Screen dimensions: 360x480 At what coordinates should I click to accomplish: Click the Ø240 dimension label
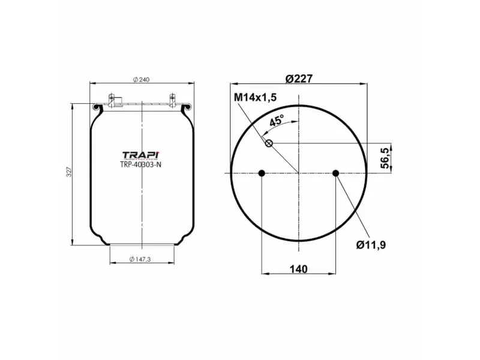(141, 80)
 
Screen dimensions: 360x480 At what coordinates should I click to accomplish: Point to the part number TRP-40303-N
(141, 165)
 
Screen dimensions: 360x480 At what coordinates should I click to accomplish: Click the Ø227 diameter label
(298, 79)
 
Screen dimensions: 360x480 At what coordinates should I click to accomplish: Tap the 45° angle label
(277, 121)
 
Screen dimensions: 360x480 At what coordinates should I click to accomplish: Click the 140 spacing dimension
(298, 269)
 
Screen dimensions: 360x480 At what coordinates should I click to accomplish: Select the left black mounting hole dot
(261, 173)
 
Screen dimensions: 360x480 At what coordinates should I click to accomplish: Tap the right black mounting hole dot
(335, 173)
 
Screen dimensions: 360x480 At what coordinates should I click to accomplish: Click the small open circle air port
(269, 143)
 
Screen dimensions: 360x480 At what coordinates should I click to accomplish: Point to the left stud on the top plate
(111, 100)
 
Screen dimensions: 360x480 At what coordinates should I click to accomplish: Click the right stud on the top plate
(172, 100)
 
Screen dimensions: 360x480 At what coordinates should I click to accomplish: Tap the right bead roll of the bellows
(188, 108)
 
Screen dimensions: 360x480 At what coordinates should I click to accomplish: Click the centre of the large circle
(298, 173)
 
